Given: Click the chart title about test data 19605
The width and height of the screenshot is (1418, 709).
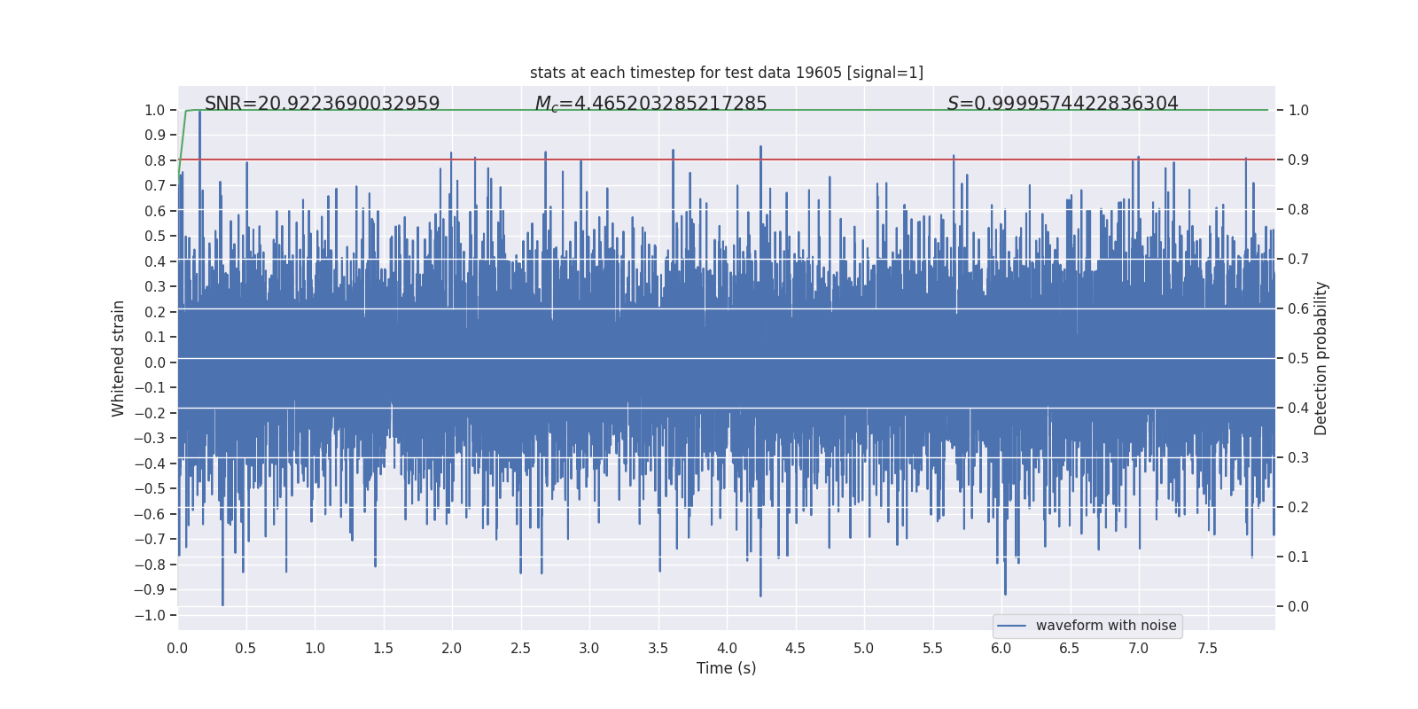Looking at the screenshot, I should [x=726, y=73].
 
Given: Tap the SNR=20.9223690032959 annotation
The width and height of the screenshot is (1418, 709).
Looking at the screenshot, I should [x=322, y=104].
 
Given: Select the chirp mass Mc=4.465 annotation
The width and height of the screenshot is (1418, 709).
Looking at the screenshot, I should [x=651, y=104].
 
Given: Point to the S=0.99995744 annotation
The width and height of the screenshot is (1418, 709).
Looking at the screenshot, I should [x=1062, y=104].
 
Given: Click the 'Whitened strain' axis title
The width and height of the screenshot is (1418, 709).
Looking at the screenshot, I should [x=119, y=358].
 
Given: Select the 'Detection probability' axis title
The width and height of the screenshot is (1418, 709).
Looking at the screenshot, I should [x=1321, y=358].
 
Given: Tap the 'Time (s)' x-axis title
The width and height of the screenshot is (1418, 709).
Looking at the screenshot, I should [x=726, y=668].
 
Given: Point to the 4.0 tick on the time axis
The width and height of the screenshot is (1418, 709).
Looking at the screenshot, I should [x=727, y=648].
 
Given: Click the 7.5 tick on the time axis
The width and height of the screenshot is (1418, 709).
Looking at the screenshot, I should [x=1207, y=648].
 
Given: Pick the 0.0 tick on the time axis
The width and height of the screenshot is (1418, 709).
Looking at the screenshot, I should [x=177, y=648].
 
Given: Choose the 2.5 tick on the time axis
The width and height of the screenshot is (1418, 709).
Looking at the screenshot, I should [x=520, y=648].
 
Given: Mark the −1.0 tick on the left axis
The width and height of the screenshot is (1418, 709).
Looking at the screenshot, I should [x=154, y=615].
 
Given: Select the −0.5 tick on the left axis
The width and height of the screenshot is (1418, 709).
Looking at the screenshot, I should [x=154, y=488].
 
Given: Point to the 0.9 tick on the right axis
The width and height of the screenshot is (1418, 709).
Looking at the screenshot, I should [x=1298, y=160].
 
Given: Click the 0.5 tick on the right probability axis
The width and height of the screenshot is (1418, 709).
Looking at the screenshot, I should [x=1298, y=358].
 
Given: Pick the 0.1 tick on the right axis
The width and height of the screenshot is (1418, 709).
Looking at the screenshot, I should [x=1298, y=557].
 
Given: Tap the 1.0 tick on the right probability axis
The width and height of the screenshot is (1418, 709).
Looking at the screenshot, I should [x=1298, y=110].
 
